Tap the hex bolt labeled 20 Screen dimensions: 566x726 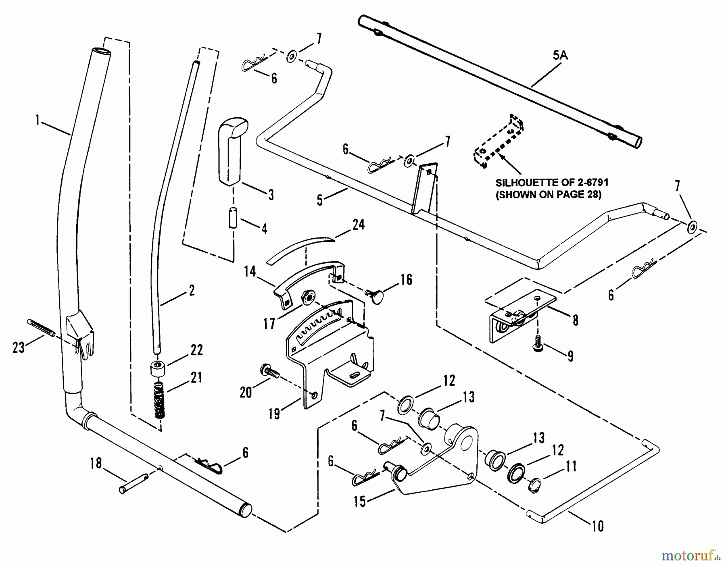coord(269,372)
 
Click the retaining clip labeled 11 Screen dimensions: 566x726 coord(533,483)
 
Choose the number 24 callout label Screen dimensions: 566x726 coord(358,225)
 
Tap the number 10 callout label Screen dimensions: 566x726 coord(597,526)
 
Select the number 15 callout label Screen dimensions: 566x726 coord(360,501)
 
